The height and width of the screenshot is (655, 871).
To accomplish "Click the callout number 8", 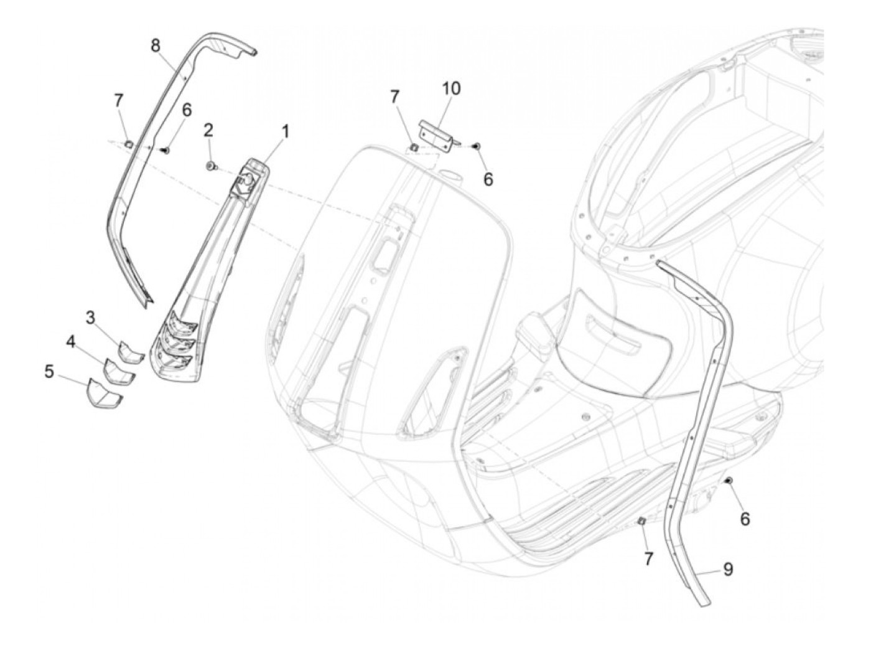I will pos(155,45).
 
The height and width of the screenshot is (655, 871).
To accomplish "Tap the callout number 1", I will pos(285,131).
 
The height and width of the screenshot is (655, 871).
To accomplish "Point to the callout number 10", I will pos(452,88).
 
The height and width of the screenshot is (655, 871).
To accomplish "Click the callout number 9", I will pos(727,569).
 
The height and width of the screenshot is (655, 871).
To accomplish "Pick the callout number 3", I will pos(91,318).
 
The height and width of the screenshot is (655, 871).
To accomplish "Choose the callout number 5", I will pos(49,372).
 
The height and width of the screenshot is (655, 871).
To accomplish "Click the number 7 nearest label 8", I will pos(118,100).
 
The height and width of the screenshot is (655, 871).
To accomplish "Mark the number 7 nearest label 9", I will pos(648,558).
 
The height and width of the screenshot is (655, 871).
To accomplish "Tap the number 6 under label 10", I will pos(488,179).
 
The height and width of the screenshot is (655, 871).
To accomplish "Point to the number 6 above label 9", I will pos(745,518).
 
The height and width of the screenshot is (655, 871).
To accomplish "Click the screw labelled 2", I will pos(211,166).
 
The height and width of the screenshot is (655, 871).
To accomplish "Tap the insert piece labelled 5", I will pos(103,393).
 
